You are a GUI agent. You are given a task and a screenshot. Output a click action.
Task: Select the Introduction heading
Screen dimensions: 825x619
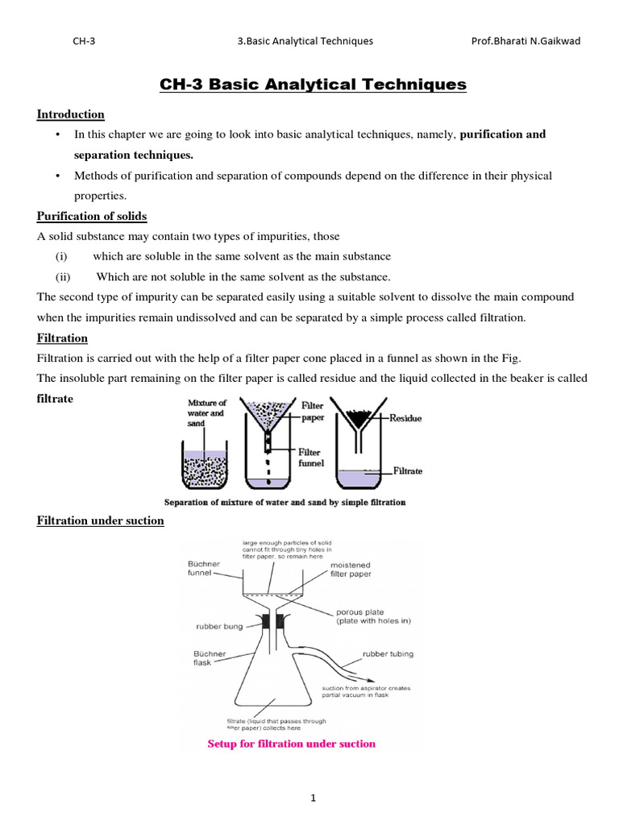point(71,114)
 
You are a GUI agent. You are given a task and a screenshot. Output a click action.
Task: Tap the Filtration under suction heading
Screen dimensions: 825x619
point(101,520)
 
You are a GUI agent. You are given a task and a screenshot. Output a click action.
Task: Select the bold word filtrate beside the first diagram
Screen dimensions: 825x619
point(56,399)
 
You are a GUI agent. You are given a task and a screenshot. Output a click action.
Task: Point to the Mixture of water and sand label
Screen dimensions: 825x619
point(207,412)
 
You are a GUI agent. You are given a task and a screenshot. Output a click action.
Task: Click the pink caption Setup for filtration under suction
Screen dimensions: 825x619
point(292,744)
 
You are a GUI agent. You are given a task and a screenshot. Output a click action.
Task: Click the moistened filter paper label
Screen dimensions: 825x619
point(351,570)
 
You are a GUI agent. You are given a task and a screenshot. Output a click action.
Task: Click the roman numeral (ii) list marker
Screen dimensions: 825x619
point(64,276)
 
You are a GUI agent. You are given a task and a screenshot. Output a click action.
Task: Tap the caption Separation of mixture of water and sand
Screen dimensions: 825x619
point(285,502)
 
